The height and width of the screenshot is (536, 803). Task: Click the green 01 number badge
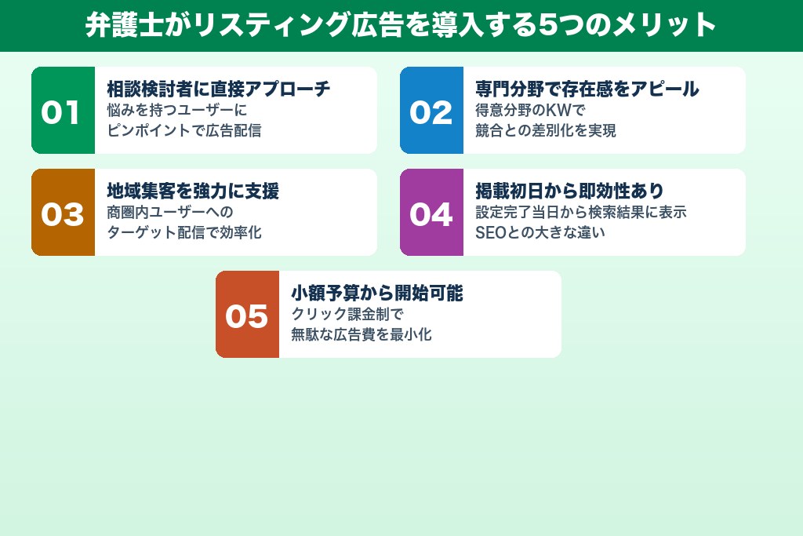pos(63,111)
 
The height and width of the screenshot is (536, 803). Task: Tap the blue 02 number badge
pos(431,111)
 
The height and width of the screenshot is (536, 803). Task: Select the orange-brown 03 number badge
pos(63,213)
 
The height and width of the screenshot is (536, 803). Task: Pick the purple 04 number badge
pos(431,213)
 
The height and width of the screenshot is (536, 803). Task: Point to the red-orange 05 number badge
pos(247,315)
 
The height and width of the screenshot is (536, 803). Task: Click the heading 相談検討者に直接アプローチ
pos(218,89)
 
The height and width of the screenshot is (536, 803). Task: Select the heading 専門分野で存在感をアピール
pos(587,89)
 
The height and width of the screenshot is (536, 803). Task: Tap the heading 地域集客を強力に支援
pos(193,191)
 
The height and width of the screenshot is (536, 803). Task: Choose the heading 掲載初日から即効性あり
pos(569,191)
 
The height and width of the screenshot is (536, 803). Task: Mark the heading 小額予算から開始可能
pos(376,293)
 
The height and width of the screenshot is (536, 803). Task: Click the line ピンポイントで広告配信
pos(183,130)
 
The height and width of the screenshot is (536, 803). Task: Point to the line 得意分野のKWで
pos(530,110)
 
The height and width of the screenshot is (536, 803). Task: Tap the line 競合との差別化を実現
pos(545,130)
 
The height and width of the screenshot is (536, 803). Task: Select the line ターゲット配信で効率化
pos(183,232)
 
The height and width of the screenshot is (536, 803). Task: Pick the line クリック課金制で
pos(347,314)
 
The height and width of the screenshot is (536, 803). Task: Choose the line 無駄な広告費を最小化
pos(361,334)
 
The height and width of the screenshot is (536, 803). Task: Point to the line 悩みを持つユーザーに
pos(176,110)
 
